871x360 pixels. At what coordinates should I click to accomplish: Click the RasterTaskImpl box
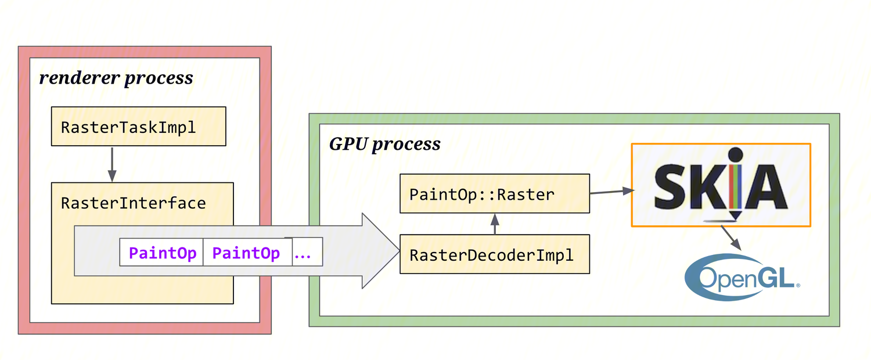click(138, 126)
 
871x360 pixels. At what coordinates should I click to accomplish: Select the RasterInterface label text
click(133, 203)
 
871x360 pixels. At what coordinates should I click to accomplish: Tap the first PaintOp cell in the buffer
click(162, 254)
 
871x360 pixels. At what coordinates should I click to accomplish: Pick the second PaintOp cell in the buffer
click(246, 254)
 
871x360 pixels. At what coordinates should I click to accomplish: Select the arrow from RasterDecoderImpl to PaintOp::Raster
click(495, 224)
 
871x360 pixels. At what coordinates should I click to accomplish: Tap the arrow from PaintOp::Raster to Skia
click(610, 191)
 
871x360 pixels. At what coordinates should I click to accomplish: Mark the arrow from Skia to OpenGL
click(731, 238)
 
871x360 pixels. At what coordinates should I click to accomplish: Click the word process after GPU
click(406, 145)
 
